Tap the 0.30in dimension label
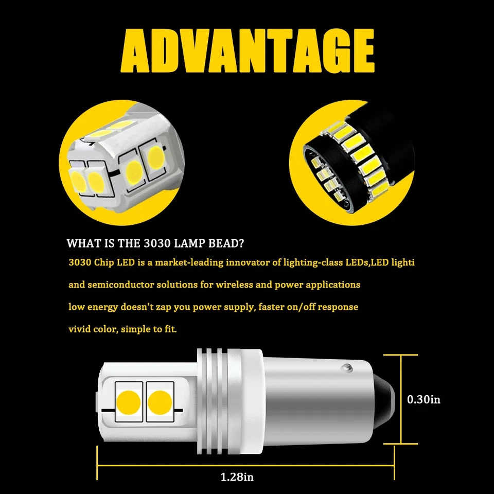click(x=424, y=399)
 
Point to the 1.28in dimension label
click(x=237, y=477)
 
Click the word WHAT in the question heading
click(x=80, y=243)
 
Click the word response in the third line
click(x=339, y=307)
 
